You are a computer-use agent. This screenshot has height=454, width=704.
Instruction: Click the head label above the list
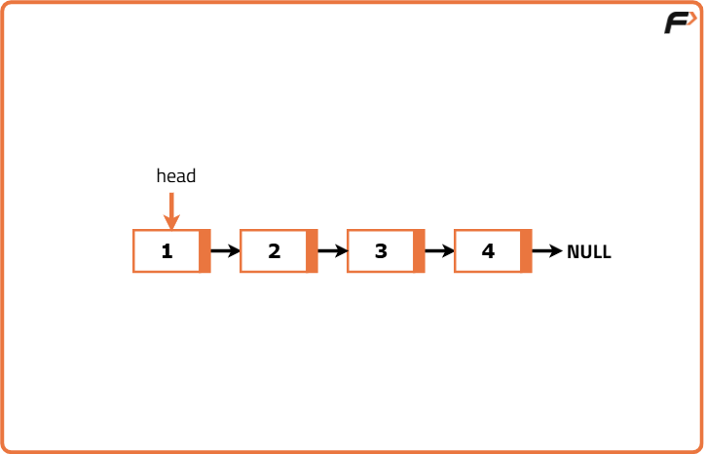tap(176, 176)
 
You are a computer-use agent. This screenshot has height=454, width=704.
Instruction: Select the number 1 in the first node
tap(167, 251)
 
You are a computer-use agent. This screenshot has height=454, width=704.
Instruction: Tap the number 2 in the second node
tap(274, 251)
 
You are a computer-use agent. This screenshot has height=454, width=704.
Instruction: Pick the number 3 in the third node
tap(381, 251)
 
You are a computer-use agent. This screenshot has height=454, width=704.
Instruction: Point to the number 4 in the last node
tap(488, 251)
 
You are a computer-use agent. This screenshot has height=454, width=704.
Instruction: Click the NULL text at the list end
tap(589, 252)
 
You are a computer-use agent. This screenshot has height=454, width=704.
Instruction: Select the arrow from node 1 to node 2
tap(225, 251)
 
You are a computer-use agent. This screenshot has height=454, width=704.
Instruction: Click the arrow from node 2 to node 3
tap(332, 251)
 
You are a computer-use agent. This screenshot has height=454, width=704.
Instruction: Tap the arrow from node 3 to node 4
tap(439, 251)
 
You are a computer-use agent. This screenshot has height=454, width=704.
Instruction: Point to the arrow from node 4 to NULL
tap(547, 251)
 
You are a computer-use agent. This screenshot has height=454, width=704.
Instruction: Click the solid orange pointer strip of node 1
tap(204, 251)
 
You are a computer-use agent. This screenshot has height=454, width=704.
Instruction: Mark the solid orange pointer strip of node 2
tap(312, 251)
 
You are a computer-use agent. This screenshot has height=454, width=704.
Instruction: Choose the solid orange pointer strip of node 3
tap(419, 251)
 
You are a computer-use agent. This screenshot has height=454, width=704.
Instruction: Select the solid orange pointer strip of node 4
tap(526, 251)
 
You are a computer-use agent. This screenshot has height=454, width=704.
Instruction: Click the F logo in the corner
tap(679, 22)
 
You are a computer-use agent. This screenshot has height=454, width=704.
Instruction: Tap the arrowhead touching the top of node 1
tap(171, 223)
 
